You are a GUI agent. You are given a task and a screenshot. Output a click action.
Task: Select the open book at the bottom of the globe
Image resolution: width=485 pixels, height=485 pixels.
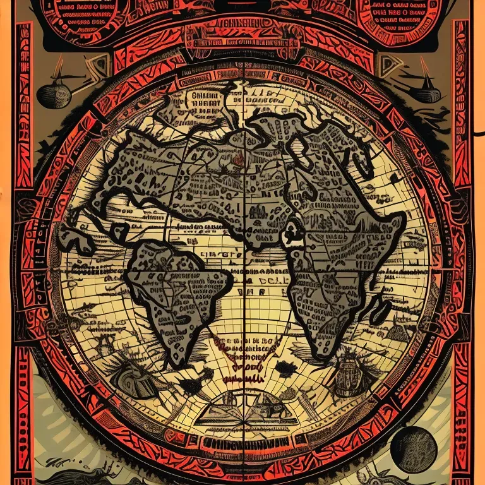pos(243,414)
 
